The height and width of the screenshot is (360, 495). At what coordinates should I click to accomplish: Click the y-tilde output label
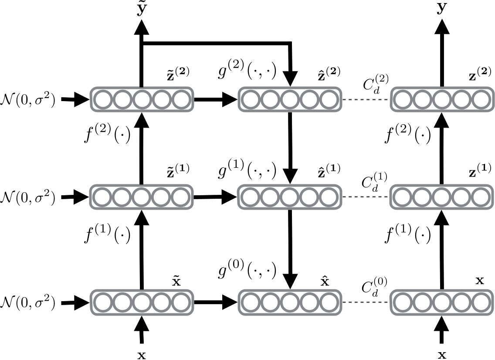click(141, 9)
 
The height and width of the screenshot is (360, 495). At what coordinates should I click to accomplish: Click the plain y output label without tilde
click(442, 9)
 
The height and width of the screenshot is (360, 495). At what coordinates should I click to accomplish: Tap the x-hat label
click(325, 281)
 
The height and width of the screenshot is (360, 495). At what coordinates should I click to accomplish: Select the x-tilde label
click(176, 281)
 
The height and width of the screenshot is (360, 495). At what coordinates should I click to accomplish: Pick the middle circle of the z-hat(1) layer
click(289, 197)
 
